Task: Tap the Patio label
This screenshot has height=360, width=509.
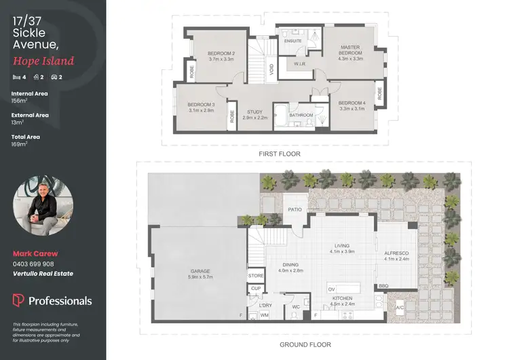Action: [x=294, y=210]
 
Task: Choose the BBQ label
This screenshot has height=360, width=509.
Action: [x=384, y=286]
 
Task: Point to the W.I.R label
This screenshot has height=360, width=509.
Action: [x=300, y=65]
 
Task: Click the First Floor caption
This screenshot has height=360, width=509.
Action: [x=279, y=154]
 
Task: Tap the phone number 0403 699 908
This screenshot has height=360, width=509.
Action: [x=33, y=264]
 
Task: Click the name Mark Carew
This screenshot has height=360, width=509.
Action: [x=31, y=253]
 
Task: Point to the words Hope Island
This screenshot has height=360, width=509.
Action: [x=43, y=61]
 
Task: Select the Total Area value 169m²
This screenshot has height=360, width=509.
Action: [x=19, y=144]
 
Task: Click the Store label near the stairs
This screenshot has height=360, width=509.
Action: [x=256, y=276]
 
